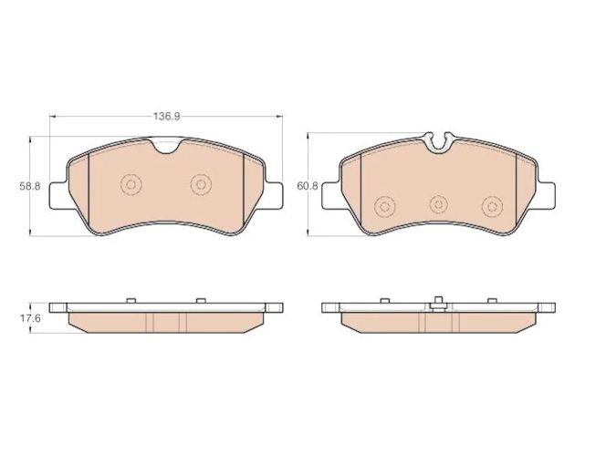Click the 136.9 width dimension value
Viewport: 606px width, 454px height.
pos(167,116)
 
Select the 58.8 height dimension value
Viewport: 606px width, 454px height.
pos(30,186)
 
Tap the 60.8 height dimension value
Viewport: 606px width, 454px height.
pos(308,186)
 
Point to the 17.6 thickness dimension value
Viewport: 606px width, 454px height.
pos(30,319)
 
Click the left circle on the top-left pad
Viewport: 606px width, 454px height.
pos(131,184)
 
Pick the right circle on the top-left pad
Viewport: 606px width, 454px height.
pos(201,184)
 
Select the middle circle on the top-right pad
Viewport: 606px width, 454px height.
pos(439,204)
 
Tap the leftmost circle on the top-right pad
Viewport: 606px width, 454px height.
pos(384,207)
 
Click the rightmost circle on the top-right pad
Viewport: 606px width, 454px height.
pos(493,207)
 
